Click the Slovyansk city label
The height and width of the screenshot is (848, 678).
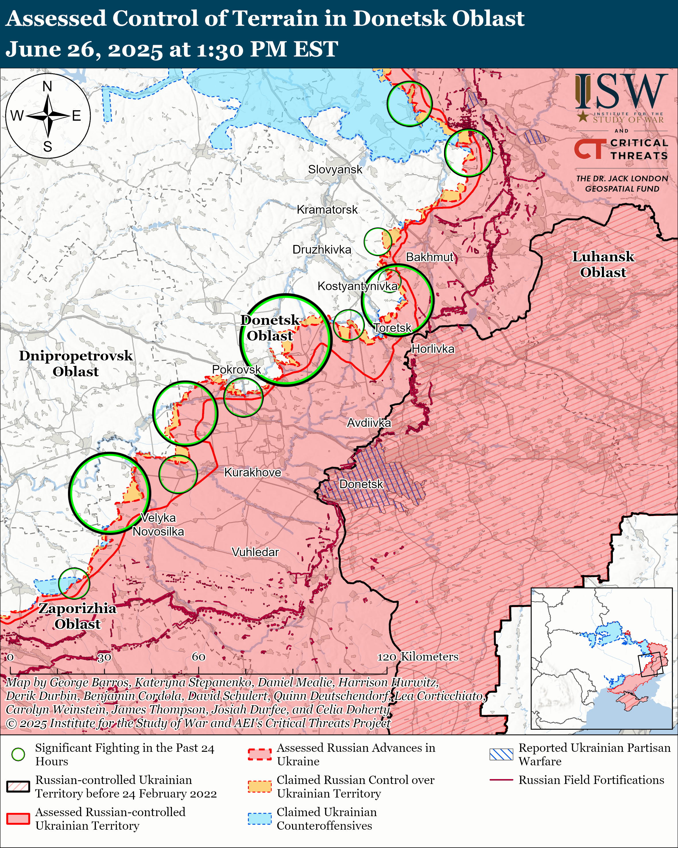[335, 169]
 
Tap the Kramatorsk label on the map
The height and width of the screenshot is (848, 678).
[327, 210]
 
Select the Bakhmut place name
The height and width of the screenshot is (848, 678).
[430, 257]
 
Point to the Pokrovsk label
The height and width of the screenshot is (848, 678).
[236, 369]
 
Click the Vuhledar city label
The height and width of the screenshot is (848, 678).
[255, 552]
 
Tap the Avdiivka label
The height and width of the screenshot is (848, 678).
[369, 423]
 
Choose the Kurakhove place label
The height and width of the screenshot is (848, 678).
[252, 472]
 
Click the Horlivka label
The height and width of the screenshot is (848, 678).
[433, 349]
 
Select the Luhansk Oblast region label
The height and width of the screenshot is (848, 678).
[603, 264]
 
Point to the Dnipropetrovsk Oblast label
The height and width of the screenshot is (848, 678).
[76, 364]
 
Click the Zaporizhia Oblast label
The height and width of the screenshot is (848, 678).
[78, 616]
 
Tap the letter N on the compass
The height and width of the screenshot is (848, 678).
[47, 86]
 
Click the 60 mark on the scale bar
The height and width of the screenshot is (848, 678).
[198, 657]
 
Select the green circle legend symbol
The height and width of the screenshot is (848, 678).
[18, 754]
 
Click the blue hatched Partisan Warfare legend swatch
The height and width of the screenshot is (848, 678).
[501, 754]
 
